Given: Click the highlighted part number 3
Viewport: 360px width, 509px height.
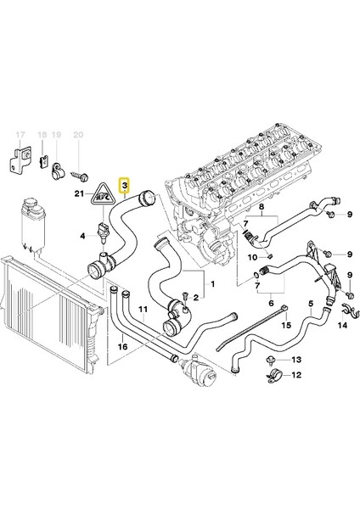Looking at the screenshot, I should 125,184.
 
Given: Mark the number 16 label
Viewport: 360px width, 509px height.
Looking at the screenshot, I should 123,346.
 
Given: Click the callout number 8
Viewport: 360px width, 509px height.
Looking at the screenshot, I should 262,208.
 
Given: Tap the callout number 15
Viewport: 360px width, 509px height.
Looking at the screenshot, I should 286,325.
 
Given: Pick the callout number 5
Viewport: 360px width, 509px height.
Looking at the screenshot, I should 311,303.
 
